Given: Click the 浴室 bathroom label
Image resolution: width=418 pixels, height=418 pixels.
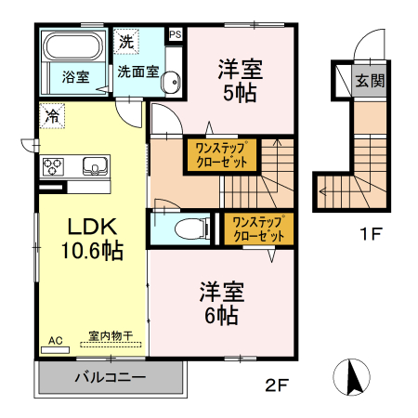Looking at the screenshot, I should (75, 77).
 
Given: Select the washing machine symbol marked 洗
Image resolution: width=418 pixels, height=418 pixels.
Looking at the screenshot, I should (124, 41).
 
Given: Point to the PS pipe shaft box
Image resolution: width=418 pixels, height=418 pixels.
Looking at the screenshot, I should (175, 35).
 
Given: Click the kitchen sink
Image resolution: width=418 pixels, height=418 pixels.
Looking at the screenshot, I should (93, 166).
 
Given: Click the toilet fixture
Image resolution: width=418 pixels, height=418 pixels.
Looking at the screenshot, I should (189, 229).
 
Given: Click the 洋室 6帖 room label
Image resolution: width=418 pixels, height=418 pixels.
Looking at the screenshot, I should (221, 303).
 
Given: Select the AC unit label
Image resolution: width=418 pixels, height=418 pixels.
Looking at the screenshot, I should (56, 342).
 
